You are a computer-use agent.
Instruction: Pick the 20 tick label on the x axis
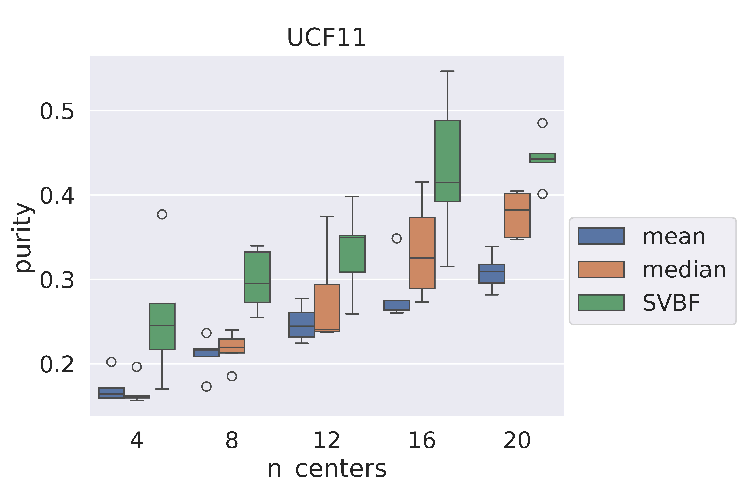pos(517,440)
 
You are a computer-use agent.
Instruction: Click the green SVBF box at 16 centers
pos(447,161)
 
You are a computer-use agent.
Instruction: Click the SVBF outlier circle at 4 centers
pos(162,214)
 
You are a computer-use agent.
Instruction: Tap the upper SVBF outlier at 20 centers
pos(542,123)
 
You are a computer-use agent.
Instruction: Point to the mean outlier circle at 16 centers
pos(397,238)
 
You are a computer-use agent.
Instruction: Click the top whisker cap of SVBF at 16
pos(447,71)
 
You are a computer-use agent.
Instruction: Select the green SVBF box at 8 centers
pos(257,277)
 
